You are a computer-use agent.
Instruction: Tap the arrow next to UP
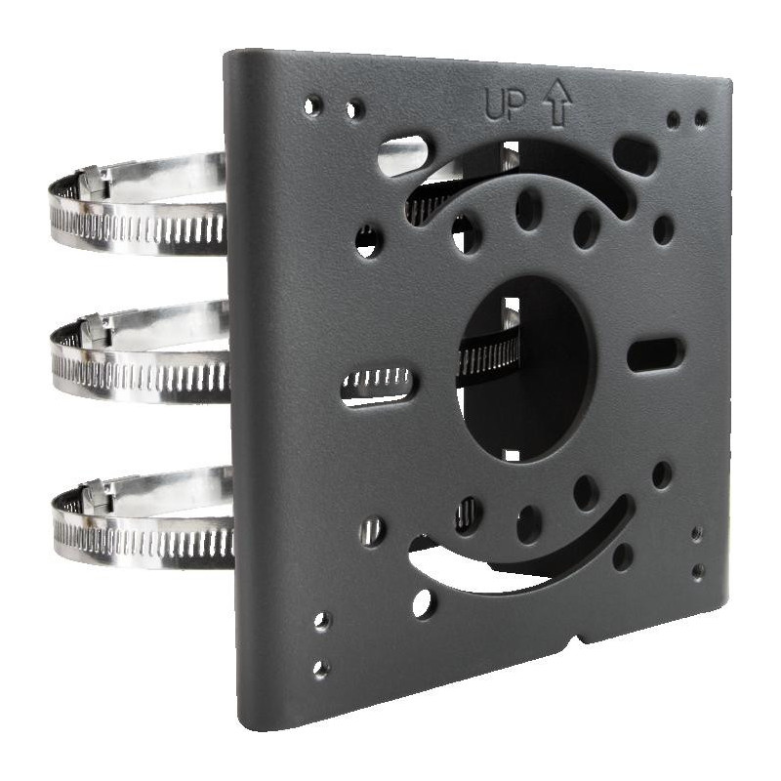558,103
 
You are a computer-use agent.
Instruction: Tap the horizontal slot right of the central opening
655,353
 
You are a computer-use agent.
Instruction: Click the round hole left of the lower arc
423,602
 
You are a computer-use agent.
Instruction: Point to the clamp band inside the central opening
488,356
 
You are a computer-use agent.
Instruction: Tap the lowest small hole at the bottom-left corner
320,669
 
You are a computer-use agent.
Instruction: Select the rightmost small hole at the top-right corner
701,118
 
